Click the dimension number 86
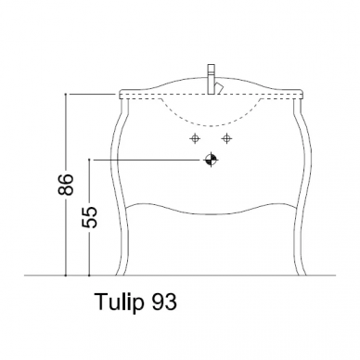66,185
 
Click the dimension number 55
89,217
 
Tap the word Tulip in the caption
120,302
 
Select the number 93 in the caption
164,302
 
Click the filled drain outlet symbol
212,160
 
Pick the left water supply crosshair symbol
195,138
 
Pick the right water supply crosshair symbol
227,138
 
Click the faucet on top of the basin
212,79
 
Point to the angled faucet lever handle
220,88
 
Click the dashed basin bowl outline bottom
212,125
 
